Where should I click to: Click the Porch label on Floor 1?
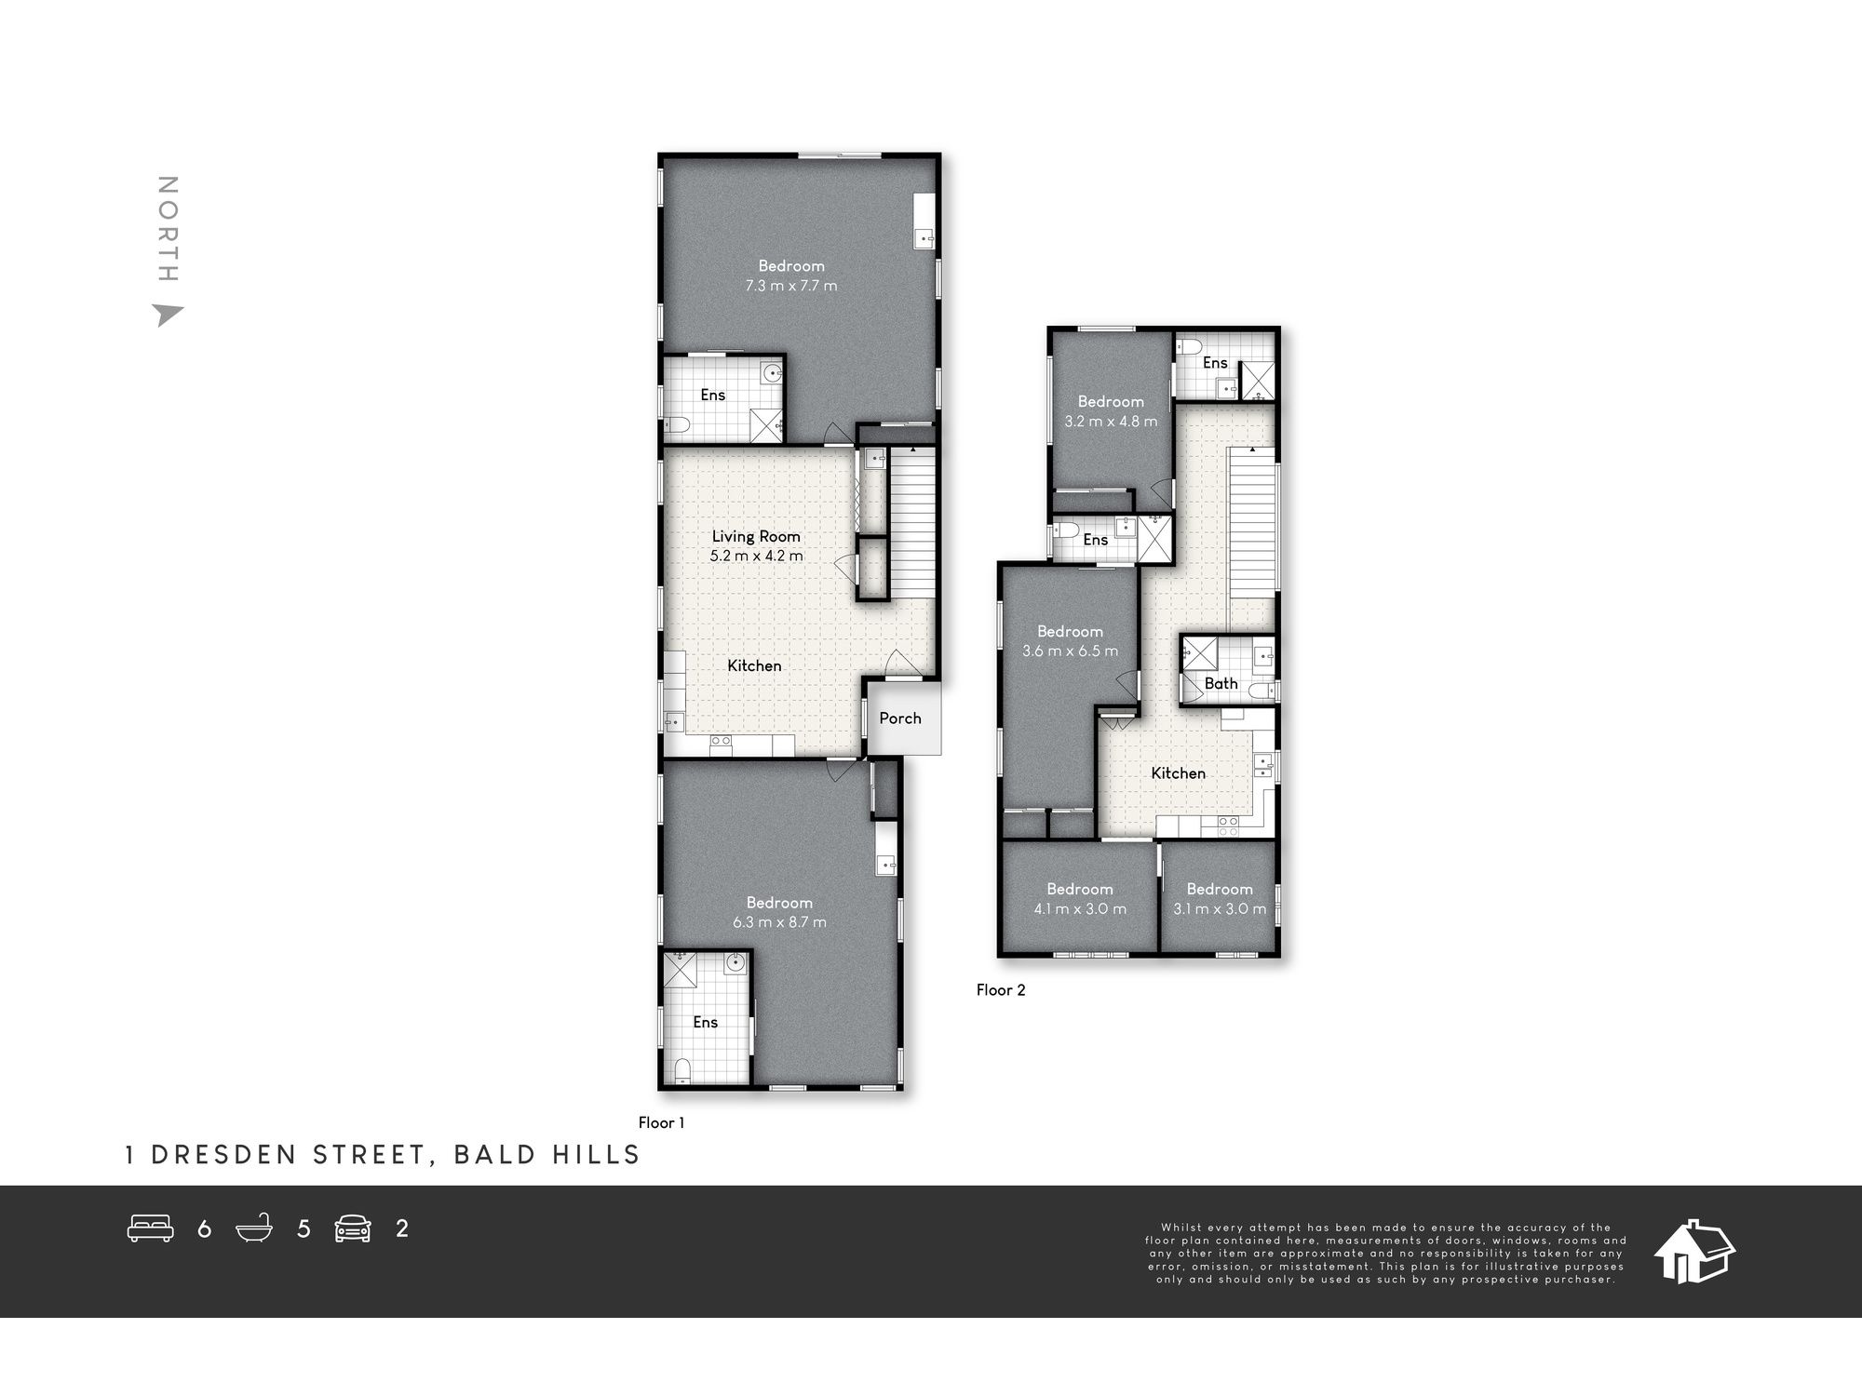pos(900,718)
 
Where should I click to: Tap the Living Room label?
pos(756,536)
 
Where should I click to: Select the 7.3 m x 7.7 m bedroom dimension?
pos(790,286)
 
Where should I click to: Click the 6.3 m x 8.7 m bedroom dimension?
pos(779,922)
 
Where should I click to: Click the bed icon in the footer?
pos(151,1228)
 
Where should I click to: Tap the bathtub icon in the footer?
pos(254,1228)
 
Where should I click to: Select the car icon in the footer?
pos(353,1228)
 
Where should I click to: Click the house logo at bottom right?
pos(1693,1252)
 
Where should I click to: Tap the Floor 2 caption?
pos(1001,990)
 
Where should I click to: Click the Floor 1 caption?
pos(661,1123)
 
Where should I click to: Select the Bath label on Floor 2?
pos(1221,683)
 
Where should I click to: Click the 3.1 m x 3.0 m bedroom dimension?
pos(1220,909)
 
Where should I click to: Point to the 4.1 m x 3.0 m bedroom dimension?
pos(1080,909)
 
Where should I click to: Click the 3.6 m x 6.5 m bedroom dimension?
pos(1070,651)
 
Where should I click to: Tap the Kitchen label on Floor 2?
pos(1178,773)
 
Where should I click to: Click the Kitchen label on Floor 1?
pos(754,665)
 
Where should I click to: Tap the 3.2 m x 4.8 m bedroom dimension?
pos(1111,422)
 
